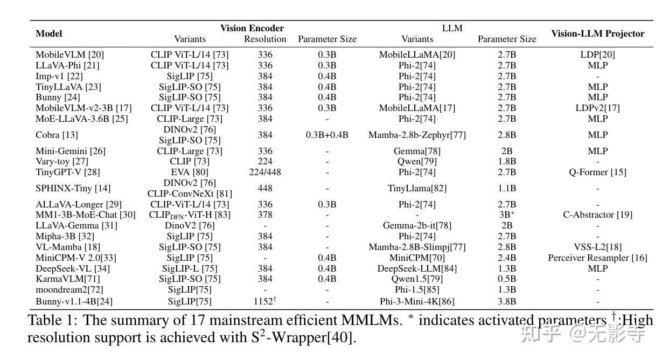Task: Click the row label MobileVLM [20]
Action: coord(69,54)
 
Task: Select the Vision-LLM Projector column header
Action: coord(597,33)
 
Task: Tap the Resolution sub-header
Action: coord(265,39)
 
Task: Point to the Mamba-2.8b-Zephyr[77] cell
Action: coord(417,135)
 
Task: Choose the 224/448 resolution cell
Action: coord(265,172)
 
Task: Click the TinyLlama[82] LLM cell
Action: coord(417,188)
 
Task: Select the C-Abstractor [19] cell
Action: coord(597,214)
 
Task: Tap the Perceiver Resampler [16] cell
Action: coord(597,258)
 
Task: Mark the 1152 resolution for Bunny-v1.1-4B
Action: coord(264,301)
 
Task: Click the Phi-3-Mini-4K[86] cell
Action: coord(417,301)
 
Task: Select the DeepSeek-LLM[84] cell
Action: coord(417,268)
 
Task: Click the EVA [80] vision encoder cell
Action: coord(190,172)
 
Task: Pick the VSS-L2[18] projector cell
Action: coord(597,247)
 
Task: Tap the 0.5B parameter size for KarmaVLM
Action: coord(507,279)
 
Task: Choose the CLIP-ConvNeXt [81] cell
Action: coord(190,193)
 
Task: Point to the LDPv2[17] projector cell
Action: coord(597,108)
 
